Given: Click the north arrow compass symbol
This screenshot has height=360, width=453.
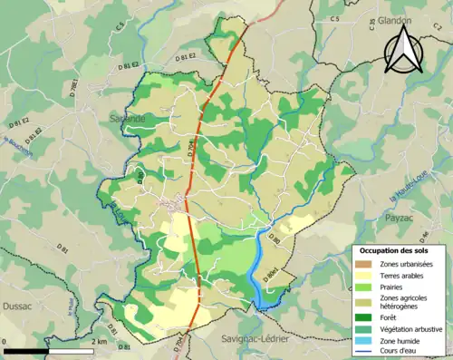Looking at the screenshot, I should (x=405, y=51).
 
